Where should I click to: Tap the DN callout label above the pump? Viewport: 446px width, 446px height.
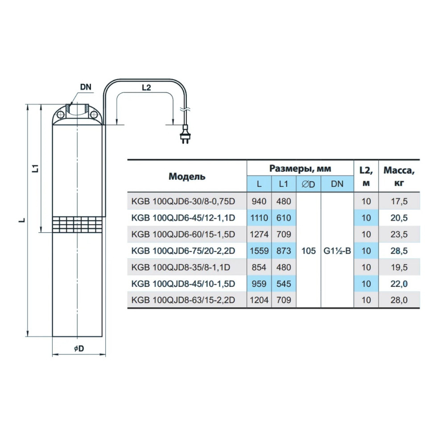coord(86,87)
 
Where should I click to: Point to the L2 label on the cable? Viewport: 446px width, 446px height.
coord(146,87)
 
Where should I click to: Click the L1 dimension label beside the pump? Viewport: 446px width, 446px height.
coord(35,168)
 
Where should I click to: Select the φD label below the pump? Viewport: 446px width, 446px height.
coord(79,348)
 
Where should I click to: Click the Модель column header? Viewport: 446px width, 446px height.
coord(187,176)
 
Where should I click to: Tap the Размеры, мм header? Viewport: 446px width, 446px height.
coord(300,169)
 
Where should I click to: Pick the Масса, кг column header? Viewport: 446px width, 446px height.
coord(399,176)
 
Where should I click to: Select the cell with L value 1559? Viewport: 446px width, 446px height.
coord(259,251)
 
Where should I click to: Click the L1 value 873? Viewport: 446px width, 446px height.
coord(284,251)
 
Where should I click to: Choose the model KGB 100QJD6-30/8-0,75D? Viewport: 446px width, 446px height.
coord(183,201)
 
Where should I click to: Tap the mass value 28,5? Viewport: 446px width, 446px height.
coord(399,251)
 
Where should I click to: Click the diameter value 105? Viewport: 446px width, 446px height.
coord(309,251)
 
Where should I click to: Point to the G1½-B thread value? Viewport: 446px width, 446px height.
coord(337,251)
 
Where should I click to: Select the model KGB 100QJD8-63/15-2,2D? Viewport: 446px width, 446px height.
coord(183,300)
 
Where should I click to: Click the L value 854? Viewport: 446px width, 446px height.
coord(259,267)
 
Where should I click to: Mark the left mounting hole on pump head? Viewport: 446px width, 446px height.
coord(60,115)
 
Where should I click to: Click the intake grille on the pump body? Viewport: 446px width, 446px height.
coord(77,225)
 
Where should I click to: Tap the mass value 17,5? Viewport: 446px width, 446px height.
coord(399,201)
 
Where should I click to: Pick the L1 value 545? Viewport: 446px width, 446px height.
coord(284,284)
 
